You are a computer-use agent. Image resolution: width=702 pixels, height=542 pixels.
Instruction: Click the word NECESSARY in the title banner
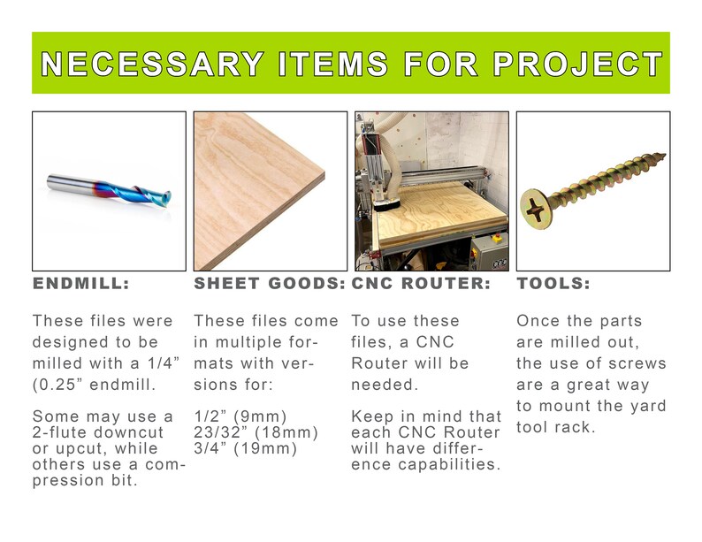point(152,65)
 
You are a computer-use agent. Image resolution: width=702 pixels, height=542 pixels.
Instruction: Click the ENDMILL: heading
point(81,284)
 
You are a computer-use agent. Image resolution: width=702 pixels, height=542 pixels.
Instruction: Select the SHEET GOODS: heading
point(270,284)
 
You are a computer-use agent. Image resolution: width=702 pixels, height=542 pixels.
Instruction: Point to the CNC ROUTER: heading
point(421,284)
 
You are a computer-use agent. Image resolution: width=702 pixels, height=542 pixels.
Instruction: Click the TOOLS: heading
point(553,284)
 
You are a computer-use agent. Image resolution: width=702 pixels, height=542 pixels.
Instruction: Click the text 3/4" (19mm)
point(245,448)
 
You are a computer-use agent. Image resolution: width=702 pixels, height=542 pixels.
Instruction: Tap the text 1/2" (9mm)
point(240,416)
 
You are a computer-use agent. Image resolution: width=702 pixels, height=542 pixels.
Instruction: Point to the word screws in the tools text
point(640,363)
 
